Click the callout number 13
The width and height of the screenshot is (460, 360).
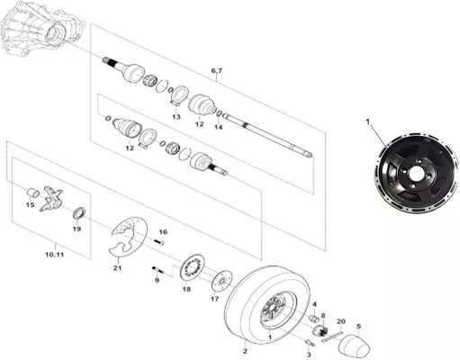click(x=176, y=117)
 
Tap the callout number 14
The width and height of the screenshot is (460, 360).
click(x=219, y=127)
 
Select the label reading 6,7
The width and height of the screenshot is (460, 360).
click(x=217, y=71)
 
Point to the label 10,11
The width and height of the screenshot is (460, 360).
click(x=54, y=255)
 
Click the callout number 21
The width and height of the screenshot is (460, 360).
click(x=117, y=267)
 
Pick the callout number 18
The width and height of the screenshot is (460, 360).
click(x=186, y=290)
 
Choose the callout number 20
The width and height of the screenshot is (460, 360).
click(x=341, y=321)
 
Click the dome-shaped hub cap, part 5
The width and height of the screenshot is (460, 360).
click(x=354, y=344)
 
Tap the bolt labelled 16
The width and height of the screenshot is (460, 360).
click(x=159, y=241)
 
